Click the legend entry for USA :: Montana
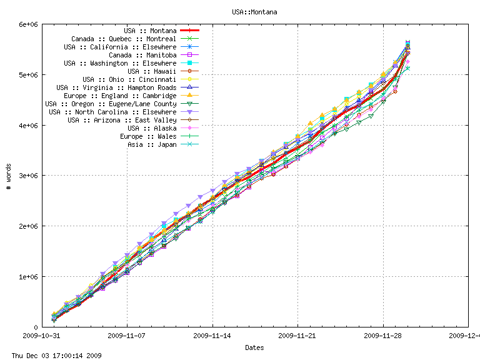coord(150,31)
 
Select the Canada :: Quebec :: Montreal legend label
coord(124,39)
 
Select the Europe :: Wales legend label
coord(148,136)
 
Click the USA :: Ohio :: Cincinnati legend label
coord(129,79)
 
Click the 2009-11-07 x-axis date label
coord(127,336)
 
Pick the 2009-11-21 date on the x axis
coord(298,336)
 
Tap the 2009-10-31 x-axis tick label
coord(42,336)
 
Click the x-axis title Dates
coord(254,347)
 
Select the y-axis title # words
coord(9,176)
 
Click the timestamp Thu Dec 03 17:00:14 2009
coord(51,356)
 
